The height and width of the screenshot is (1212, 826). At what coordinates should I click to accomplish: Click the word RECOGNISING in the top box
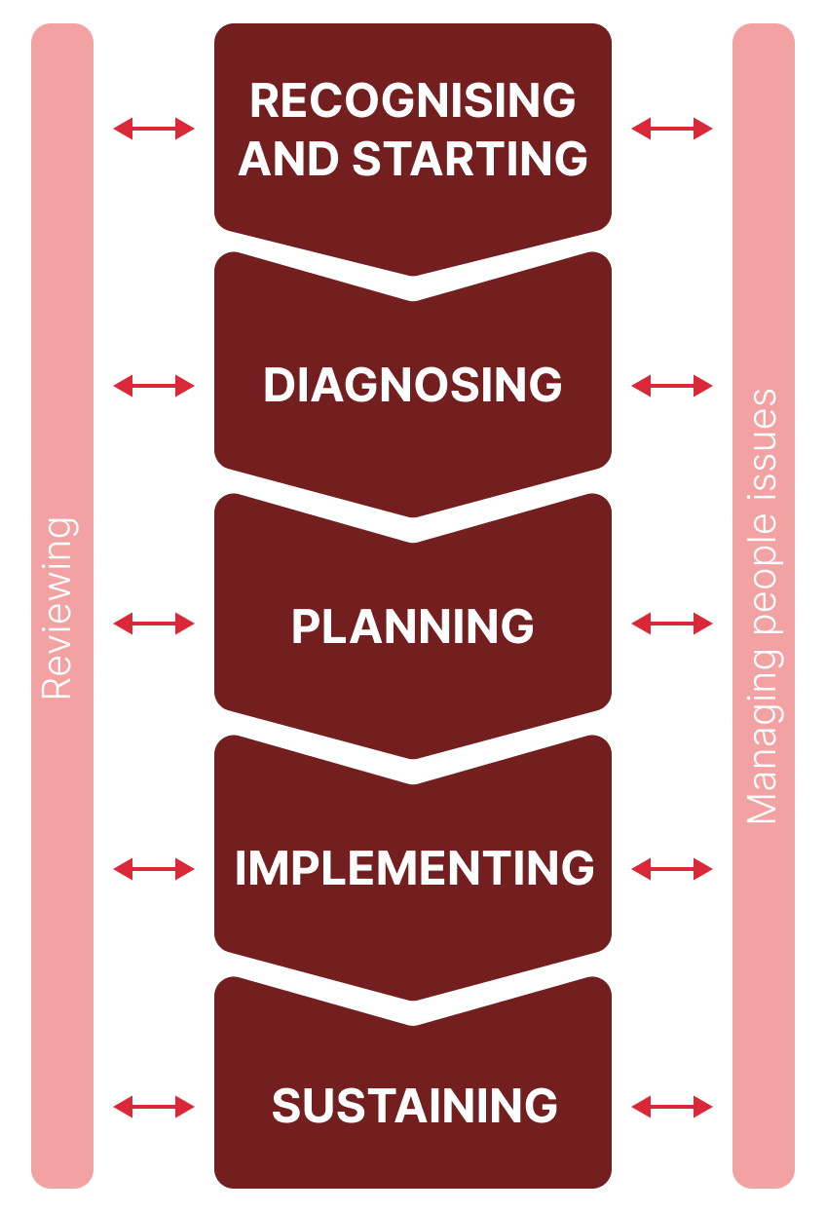click(x=413, y=100)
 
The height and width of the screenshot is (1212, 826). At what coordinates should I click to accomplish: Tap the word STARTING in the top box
click(x=470, y=159)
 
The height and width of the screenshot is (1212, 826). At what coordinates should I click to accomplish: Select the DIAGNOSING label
click(x=413, y=386)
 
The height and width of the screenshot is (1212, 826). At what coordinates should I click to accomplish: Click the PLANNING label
click(x=413, y=626)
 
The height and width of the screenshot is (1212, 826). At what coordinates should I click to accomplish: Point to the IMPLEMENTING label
click(x=414, y=868)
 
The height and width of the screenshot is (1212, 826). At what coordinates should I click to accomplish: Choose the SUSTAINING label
click(x=414, y=1106)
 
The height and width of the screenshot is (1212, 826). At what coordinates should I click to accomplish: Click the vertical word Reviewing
click(x=58, y=609)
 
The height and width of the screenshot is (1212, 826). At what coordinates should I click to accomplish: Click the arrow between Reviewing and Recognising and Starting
click(x=154, y=129)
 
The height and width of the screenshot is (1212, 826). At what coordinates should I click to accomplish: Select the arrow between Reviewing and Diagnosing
click(x=154, y=387)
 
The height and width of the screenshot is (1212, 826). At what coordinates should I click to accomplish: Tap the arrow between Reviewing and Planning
click(x=154, y=625)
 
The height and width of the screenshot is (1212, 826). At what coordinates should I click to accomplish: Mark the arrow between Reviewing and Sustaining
click(x=154, y=1107)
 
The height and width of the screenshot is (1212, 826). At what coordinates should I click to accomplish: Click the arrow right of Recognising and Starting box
click(x=672, y=129)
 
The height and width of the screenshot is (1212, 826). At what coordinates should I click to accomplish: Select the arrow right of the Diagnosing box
click(x=672, y=387)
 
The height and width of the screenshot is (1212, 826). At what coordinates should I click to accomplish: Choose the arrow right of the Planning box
click(x=672, y=625)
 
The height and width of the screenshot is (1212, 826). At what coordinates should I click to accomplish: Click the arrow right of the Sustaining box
click(x=672, y=1107)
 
